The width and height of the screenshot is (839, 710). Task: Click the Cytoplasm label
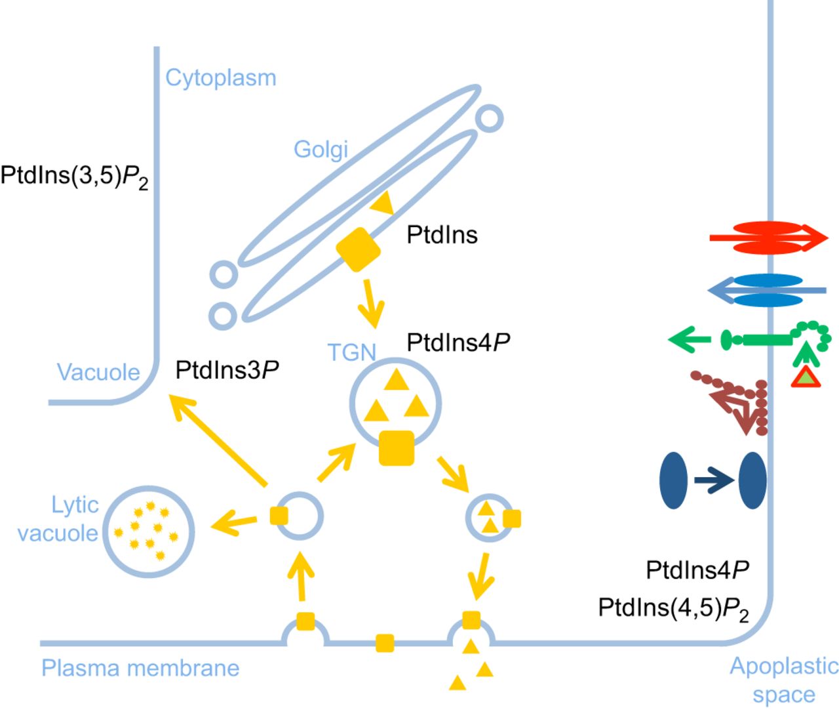(x=220, y=77)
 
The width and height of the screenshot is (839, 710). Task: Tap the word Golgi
(x=321, y=149)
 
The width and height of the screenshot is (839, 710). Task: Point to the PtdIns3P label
(x=227, y=370)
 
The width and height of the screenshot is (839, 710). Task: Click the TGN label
(x=352, y=353)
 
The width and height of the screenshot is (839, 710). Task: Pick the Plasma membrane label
(x=140, y=668)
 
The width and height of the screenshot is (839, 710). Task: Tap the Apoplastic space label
(x=784, y=680)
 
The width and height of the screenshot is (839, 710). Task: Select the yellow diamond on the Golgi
(x=358, y=249)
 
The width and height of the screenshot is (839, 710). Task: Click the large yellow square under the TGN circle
(x=397, y=448)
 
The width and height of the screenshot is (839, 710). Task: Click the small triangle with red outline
(x=806, y=377)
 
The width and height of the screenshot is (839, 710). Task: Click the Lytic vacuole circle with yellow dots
(x=149, y=532)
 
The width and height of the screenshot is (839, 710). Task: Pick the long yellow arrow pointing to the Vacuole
(x=218, y=440)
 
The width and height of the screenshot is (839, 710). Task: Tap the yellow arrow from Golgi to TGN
(x=372, y=303)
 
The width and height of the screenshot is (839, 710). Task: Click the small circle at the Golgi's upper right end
(x=489, y=118)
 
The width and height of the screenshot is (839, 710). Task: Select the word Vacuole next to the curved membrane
(x=98, y=372)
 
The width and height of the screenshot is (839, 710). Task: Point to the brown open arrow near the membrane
(x=735, y=407)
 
